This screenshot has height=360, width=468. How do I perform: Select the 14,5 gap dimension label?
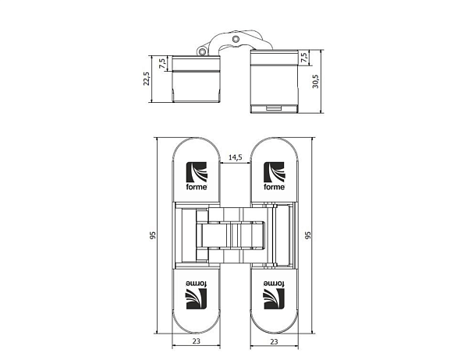pos(234,157)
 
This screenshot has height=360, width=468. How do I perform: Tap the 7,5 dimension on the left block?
pos(161,63)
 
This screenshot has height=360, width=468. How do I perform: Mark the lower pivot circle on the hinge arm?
pos(204,51)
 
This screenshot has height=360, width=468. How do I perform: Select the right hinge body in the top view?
pos(274,79)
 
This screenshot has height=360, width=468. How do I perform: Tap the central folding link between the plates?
pos(234,234)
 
